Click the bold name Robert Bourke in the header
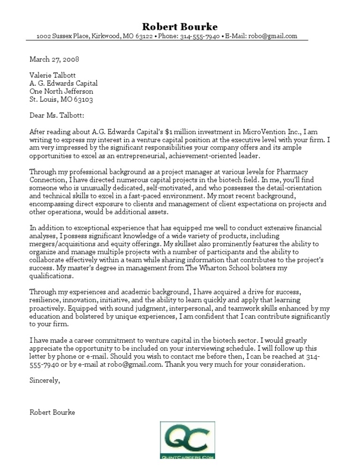pyautogui.click(x=180, y=26)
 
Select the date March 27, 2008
pyautogui.click(x=54, y=59)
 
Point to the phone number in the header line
pyautogui.click(x=200, y=37)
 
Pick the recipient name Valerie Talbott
pyautogui.click(x=52, y=75)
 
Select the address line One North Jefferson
pyautogui.click(x=61, y=91)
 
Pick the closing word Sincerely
pyautogui.click(x=44, y=381)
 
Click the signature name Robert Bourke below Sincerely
pyautogui.click(x=52, y=413)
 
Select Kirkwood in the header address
pyautogui.click(x=107, y=37)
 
